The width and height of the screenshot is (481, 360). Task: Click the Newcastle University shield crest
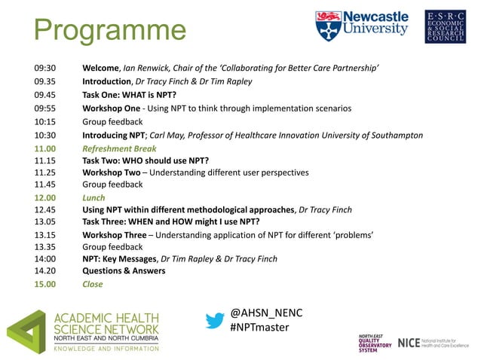click(x=327, y=26)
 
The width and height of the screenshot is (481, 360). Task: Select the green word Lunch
click(x=94, y=198)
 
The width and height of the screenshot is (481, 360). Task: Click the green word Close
click(x=93, y=285)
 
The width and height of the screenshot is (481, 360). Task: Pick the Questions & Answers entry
click(x=124, y=271)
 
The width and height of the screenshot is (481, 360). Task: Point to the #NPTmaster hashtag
click(x=259, y=328)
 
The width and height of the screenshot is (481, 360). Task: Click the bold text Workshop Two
click(x=112, y=172)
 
